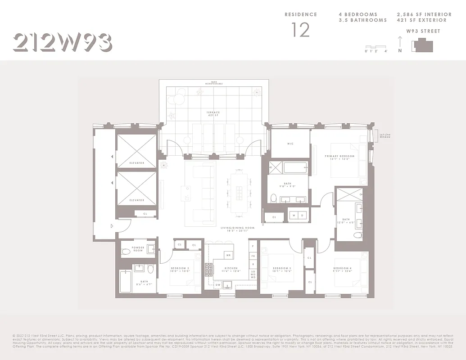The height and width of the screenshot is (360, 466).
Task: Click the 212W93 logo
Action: (62, 42)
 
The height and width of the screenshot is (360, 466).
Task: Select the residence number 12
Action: (300, 30)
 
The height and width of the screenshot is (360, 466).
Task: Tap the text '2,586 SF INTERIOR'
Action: (424, 14)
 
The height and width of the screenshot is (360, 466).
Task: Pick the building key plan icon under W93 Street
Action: (424, 45)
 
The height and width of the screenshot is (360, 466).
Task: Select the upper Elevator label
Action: (137, 162)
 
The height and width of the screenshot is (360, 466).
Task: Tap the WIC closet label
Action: (290, 144)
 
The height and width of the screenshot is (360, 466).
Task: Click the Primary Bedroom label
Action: (339, 157)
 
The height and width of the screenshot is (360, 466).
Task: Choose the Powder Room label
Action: (138, 248)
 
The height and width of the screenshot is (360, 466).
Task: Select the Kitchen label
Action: (231, 269)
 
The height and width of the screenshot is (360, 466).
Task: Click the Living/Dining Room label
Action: (237, 229)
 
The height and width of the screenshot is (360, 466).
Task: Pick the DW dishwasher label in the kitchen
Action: (217, 284)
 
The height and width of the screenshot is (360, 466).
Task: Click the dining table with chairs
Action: (240, 193)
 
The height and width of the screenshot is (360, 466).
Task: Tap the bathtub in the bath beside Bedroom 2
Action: (126, 281)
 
